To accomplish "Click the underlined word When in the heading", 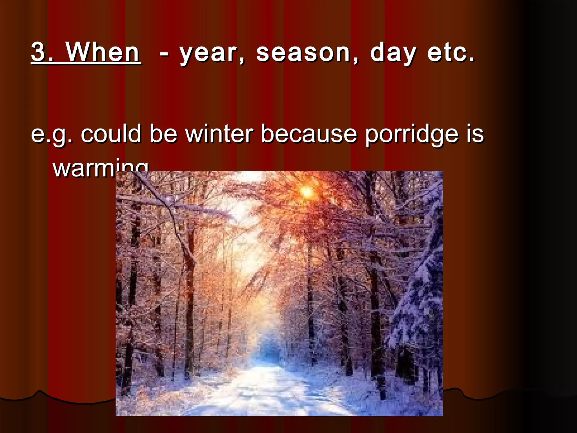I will pyautogui.click(x=103, y=52).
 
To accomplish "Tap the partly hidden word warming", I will pyautogui.click(x=85, y=168).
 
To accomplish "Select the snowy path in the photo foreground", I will pyautogui.click(x=268, y=395).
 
